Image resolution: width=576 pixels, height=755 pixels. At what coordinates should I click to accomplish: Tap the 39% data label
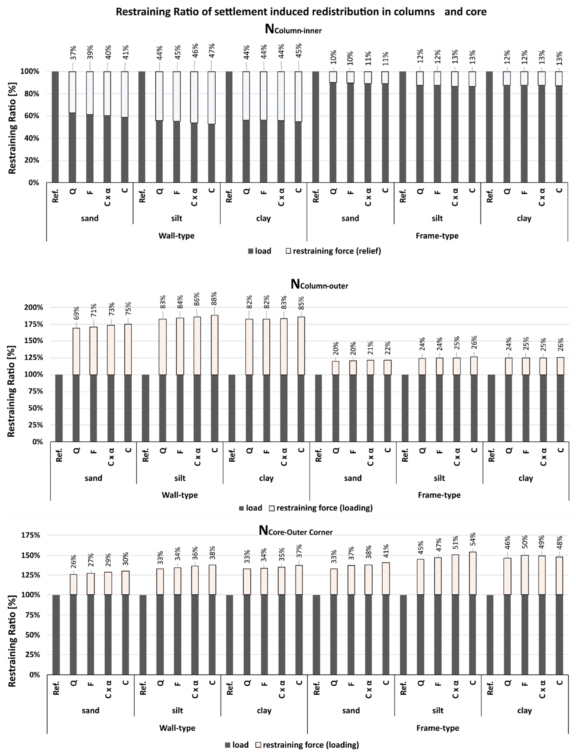tap(90, 52)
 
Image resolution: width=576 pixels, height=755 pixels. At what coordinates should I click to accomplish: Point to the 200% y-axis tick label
tap(34, 307)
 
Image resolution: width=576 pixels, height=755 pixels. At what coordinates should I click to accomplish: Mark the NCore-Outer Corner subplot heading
tap(296, 531)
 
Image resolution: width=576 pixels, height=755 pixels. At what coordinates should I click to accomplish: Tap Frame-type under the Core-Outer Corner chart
tap(438, 728)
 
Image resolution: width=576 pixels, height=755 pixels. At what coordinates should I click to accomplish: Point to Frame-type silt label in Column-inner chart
tap(437, 218)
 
